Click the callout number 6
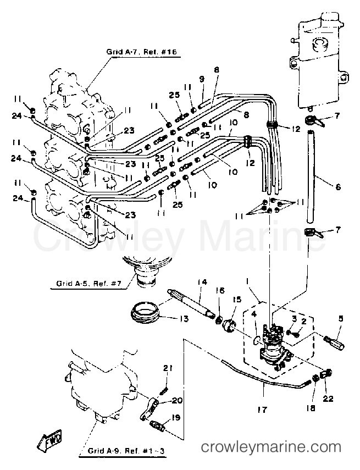337,187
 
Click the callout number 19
176,417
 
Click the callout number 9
202,79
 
